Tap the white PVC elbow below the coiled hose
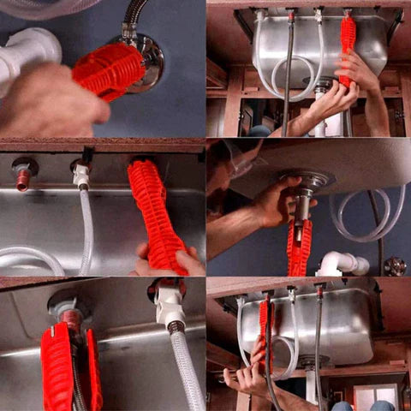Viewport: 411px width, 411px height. click(x=342, y=264)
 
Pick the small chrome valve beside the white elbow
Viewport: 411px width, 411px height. click(x=394, y=265)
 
